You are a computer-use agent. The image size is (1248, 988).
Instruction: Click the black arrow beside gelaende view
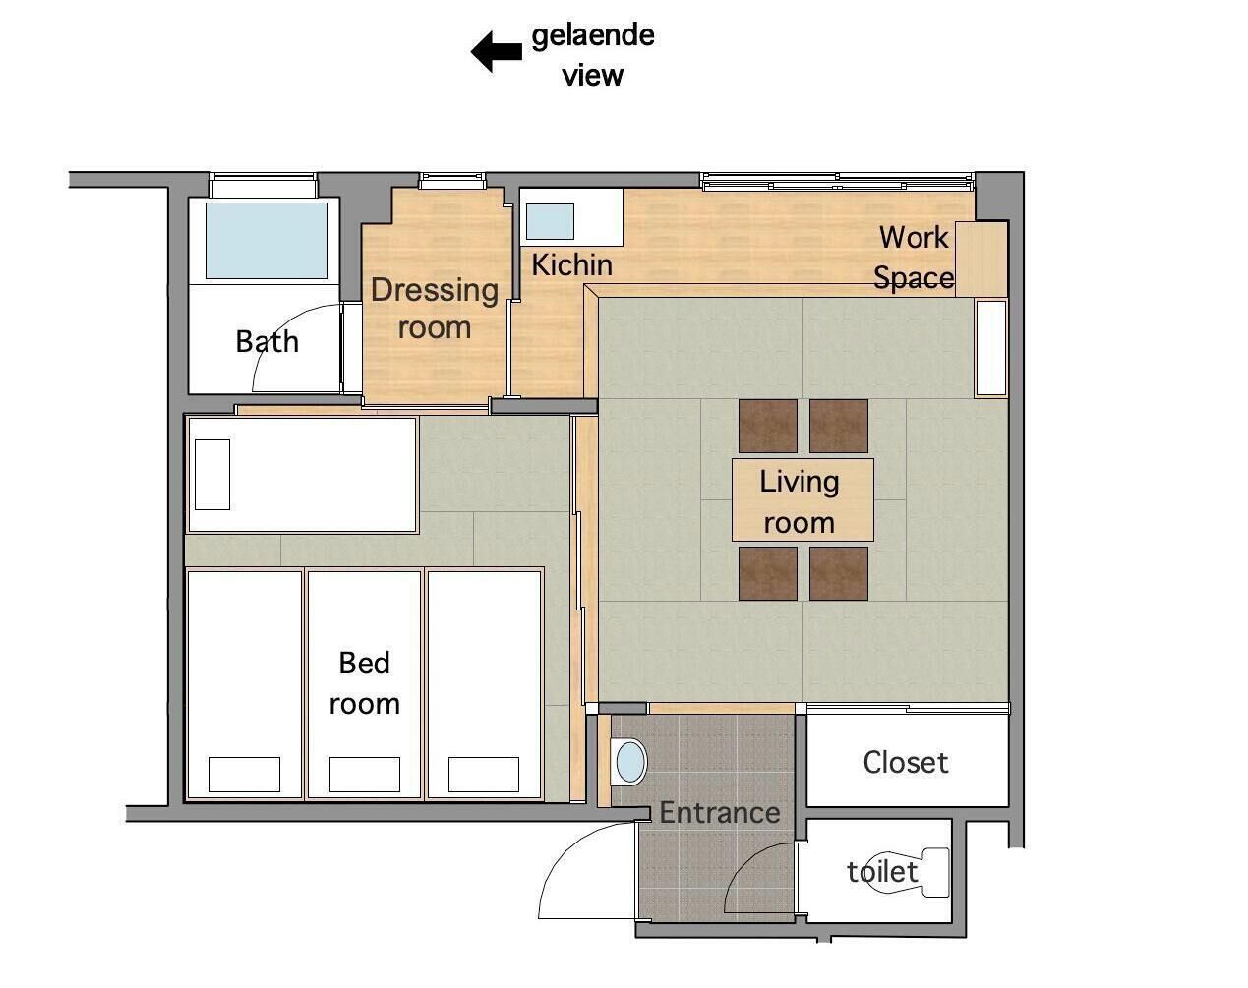point(496,51)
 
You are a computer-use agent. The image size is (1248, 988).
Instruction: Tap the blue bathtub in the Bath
point(267,241)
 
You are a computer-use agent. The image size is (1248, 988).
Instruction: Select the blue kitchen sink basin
point(550,221)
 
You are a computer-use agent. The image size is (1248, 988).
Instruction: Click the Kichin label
point(571,265)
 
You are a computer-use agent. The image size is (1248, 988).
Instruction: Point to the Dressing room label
point(435,309)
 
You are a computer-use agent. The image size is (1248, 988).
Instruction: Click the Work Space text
point(914,258)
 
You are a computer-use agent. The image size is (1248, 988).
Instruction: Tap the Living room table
point(802,499)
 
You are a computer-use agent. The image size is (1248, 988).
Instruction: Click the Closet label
point(905,763)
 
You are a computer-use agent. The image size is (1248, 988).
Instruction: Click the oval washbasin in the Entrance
point(631,762)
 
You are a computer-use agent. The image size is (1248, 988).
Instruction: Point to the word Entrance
point(720,813)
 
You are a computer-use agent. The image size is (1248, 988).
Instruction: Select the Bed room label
point(364,683)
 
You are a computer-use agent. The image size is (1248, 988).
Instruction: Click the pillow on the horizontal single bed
point(212,475)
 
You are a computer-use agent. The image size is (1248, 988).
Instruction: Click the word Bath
point(267,341)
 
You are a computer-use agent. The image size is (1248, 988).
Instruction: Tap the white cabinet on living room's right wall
point(991,348)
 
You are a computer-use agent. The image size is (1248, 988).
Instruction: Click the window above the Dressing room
point(452,181)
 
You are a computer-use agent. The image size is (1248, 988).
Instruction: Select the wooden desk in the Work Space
point(981,260)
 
